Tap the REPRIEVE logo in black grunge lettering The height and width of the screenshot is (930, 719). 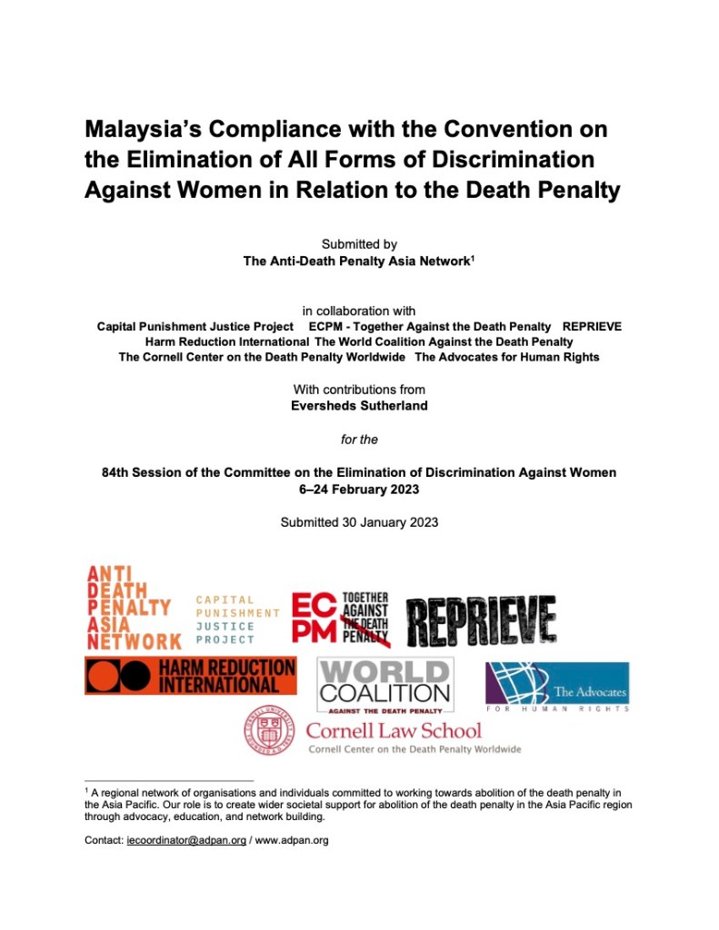point(481,622)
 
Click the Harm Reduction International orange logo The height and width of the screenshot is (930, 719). point(190,676)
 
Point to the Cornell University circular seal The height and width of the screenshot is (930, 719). point(268,732)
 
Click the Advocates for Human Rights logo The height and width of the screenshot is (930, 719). point(556,686)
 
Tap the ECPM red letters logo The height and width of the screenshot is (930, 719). point(315,618)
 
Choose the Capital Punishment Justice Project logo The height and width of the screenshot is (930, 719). point(238,619)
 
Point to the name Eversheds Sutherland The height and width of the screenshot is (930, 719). point(359,406)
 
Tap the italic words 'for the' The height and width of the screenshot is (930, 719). point(359,440)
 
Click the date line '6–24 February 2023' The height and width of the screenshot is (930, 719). point(359,489)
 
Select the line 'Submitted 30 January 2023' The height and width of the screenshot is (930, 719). point(359,522)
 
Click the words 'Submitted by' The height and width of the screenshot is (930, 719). point(359,244)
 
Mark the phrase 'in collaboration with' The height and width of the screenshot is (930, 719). point(359,311)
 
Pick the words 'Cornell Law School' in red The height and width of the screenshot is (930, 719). point(394,730)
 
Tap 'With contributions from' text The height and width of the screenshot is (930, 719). point(359,390)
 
